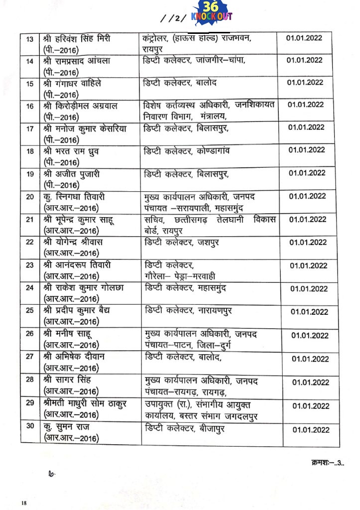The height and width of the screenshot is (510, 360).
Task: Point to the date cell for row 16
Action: tap(305, 105)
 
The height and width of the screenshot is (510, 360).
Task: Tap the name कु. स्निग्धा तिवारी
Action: tap(80, 196)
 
